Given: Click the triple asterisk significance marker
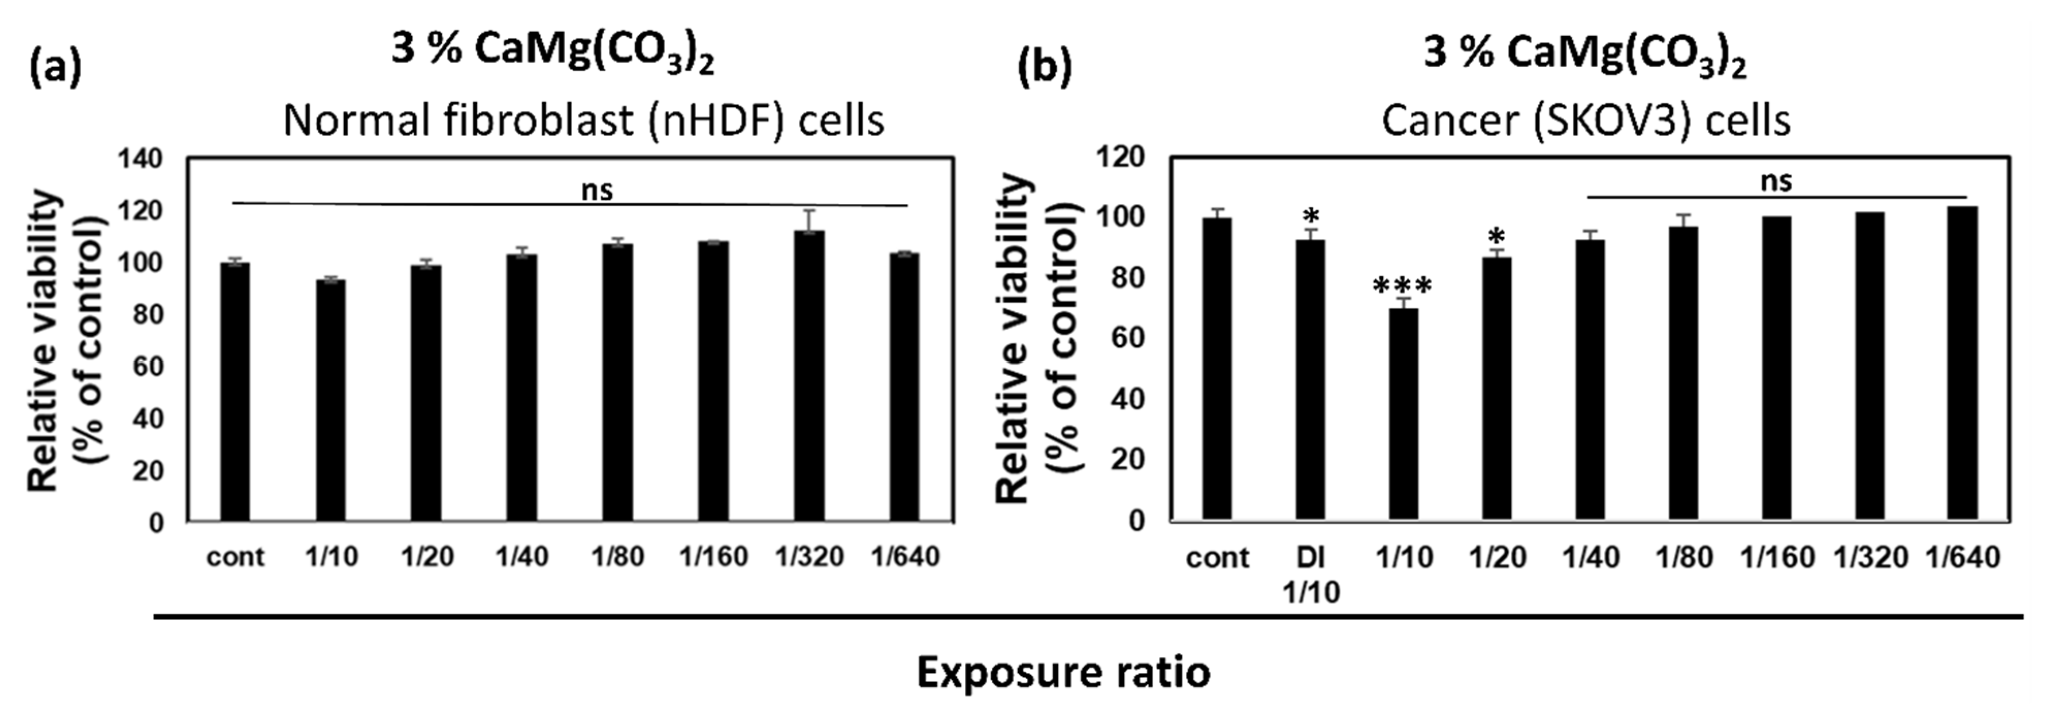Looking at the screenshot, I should click(1403, 286).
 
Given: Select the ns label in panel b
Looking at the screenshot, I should click(1777, 181).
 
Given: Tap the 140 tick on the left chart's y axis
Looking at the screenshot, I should click(140, 159).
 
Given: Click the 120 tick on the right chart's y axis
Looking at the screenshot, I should click(1121, 157).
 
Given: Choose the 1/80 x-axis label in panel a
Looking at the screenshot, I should click(617, 557).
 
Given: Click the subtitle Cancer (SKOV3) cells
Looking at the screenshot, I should click(1586, 121).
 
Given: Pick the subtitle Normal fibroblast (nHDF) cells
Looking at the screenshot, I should click(584, 121).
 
